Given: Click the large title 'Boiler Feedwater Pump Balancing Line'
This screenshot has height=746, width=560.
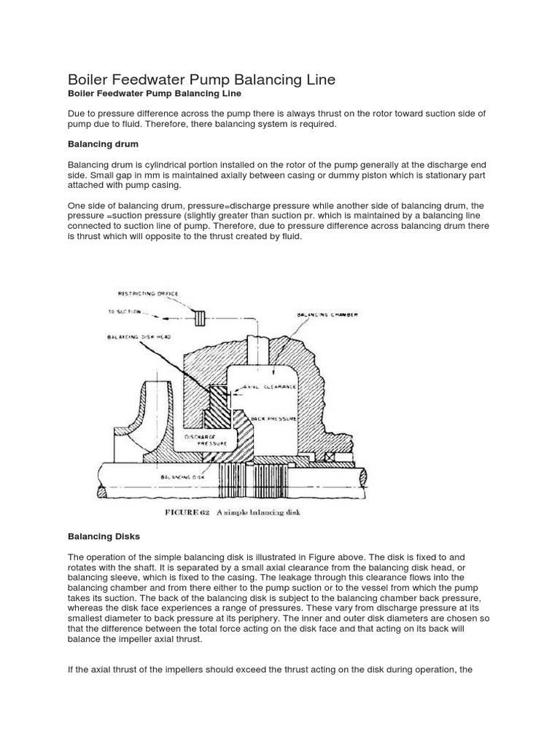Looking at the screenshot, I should [x=201, y=79].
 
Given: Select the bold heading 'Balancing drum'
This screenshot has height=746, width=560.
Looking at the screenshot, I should [x=103, y=144].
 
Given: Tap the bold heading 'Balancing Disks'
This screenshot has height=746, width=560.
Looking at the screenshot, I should [x=104, y=536].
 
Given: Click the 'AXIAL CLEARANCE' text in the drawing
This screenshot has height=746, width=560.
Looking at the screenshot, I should [x=270, y=386].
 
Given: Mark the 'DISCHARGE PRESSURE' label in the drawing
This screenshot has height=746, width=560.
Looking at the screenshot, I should [x=205, y=439].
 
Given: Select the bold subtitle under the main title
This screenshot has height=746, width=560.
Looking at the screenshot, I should [x=154, y=94].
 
